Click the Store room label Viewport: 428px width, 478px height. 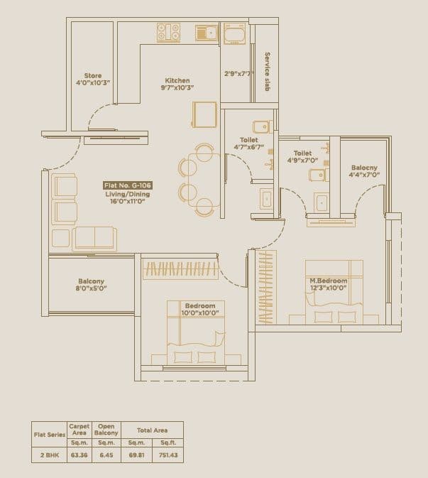point(93,75)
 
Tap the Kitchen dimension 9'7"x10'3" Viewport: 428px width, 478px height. point(178,87)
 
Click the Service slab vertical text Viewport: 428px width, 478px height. point(268,71)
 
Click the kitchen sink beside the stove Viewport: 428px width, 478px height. point(205,32)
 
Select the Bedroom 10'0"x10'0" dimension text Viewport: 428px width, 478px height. point(201,313)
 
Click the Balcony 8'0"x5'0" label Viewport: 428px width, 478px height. point(92,289)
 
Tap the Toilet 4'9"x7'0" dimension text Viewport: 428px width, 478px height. point(302,161)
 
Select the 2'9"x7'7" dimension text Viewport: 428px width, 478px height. point(238,73)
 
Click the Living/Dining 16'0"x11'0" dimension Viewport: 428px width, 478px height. point(127,201)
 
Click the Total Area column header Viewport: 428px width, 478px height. point(150,430)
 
